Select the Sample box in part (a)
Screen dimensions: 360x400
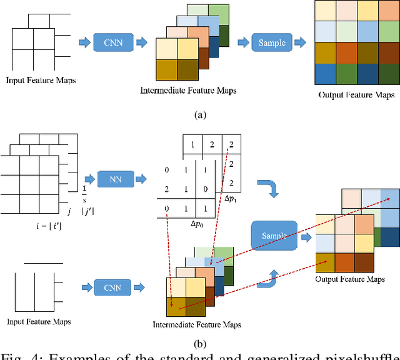(x=271, y=43)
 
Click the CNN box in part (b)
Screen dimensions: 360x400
(x=112, y=288)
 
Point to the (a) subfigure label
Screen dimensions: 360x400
(x=200, y=114)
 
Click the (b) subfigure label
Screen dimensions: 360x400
(x=200, y=342)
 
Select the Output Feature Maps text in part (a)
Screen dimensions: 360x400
(x=355, y=95)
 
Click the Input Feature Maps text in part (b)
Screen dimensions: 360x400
(x=38, y=322)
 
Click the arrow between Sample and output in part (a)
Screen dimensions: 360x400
(x=300, y=43)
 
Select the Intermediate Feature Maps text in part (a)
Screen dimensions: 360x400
(x=188, y=91)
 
